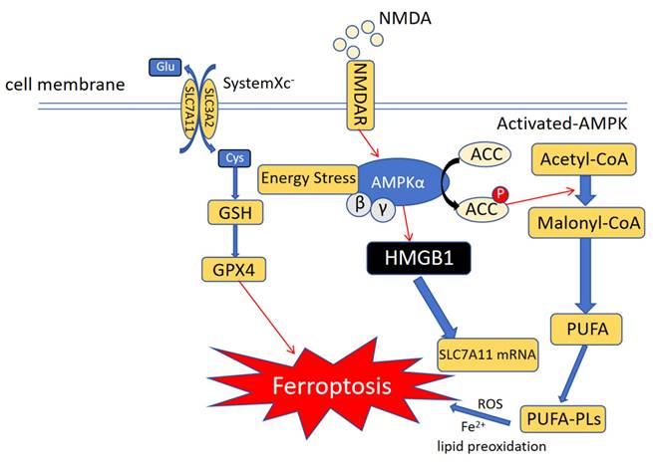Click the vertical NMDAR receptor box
pos(366,101)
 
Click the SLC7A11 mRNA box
pos(486,353)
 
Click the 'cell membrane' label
pos(65,85)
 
